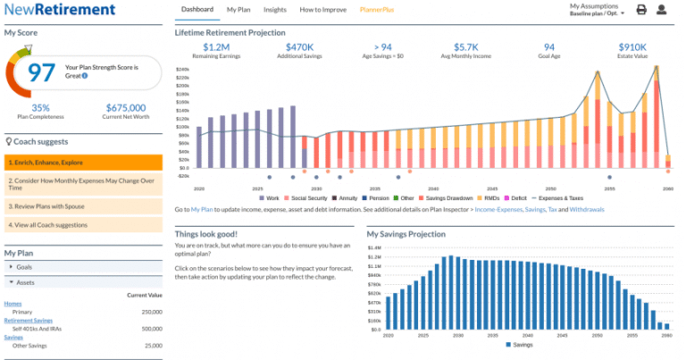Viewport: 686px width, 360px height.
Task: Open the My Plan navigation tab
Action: click(x=238, y=10)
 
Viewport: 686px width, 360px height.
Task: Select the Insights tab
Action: click(x=275, y=10)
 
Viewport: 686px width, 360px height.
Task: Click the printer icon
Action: click(x=641, y=11)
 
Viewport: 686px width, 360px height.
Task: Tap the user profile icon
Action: click(x=662, y=11)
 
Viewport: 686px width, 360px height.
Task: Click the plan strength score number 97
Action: click(x=41, y=71)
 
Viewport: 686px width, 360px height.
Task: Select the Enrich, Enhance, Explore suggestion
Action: click(x=83, y=163)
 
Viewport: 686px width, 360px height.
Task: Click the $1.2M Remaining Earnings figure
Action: click(x=216, y=46)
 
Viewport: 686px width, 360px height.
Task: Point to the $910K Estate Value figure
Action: click(x=632, y=46)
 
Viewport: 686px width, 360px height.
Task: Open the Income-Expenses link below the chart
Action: click(x=500, y=208)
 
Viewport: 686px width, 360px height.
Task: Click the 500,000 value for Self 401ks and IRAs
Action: click(x=150, y=329)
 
